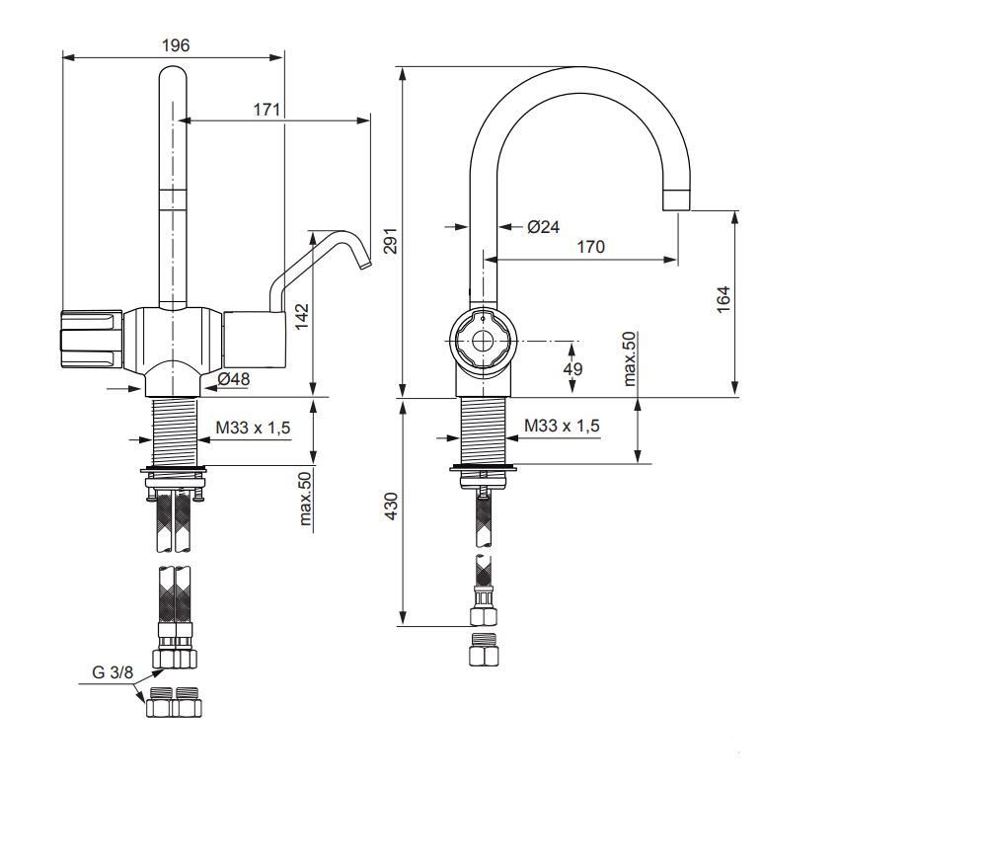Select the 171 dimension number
pyautogui.click(x=267, y=110)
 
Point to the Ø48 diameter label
pyautogui.click(x=234, y=378)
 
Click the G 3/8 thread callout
pyautogui.click(x=114, y=671)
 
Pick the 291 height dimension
pyautogui.click(x=390, y=241)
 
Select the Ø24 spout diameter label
pyautogui.click(x=543, y=227)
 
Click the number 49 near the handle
pyautogui.click(x=572, y=368)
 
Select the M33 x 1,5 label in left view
pyautogui.click(x=254, y=427)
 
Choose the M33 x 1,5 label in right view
pyautogui.click(x=562, y=426)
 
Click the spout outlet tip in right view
pyautogui.click(x=676, y=200)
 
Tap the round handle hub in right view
pyautogui.click(x=482, y=341)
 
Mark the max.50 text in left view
pyautogui.click(x=305, y=499)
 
